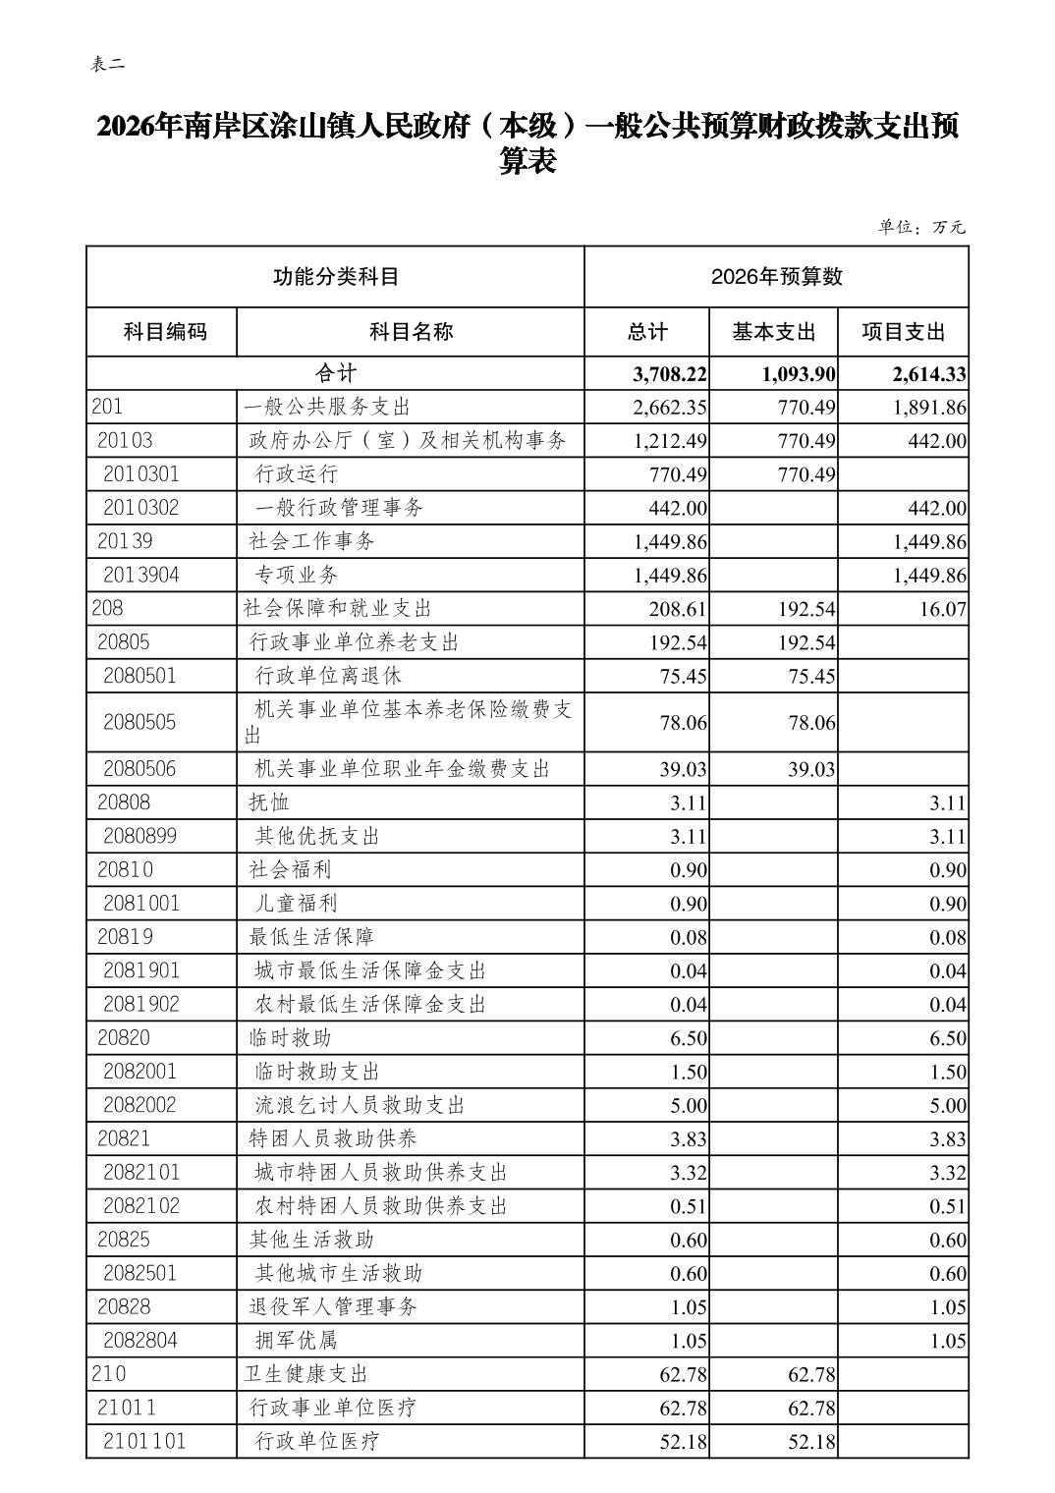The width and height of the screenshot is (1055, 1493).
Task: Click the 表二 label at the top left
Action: point(107,65)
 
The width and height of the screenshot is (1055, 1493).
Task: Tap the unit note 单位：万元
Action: point(920,227)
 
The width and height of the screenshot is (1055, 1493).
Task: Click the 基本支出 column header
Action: point(773,332)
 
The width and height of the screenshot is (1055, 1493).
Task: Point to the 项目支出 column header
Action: point(903,332)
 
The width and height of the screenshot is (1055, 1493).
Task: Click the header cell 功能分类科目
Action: point(335,277)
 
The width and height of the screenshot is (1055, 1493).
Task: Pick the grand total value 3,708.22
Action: point(670,374)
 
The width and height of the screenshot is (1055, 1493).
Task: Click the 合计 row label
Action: point(335,373)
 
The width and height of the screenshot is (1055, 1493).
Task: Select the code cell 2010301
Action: point(141,474)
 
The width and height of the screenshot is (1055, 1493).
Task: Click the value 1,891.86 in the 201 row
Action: point(929,408)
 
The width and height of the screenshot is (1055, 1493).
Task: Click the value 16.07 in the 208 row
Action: point(942,609)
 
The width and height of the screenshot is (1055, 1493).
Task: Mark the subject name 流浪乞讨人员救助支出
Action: point(360,1105)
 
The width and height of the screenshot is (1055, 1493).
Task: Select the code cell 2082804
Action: point(140,1340)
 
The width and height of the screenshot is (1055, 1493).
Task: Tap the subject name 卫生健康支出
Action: point(305,1373)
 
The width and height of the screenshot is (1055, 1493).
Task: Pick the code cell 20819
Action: point(125,937)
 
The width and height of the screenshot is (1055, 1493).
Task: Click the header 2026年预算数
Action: point(776,277)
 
